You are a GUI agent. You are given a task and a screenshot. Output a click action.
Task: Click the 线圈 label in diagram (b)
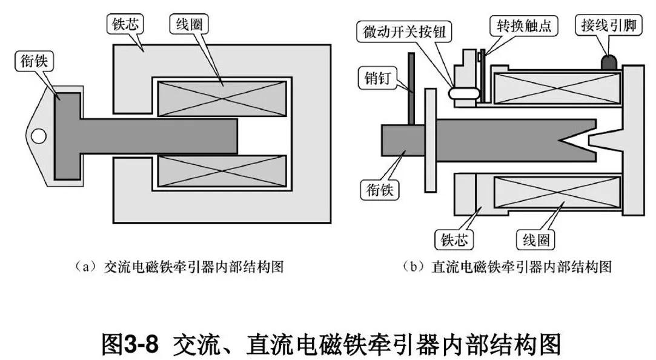pyautogui.click(x=536, y=239)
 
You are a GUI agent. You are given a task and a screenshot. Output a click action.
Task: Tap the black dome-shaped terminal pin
pyautogui.click(x=609, y=62)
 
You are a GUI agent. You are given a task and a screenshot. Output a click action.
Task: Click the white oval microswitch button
pyautogui.click(x=463, y=93)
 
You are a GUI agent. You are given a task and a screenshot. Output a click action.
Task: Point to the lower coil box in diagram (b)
pyautogui.click(x=557, y=198)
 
